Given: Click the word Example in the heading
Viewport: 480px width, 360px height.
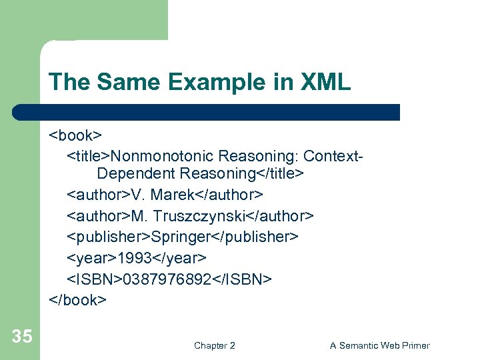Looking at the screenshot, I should click(203, 82).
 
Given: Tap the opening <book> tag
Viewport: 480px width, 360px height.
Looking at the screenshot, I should click(75, 136).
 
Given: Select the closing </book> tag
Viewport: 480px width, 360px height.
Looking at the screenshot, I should click(77, 299).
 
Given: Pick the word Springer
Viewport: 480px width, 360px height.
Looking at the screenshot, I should click(182, 237).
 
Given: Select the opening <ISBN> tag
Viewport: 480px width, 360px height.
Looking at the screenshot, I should click(90, 279).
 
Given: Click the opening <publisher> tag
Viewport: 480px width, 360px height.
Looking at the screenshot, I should click(108, 237).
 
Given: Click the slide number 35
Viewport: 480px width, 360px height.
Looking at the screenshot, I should click(21, 336).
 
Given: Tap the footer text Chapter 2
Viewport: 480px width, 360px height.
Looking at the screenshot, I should click(215, 345).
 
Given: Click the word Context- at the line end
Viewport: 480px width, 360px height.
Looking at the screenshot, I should click(334, 156).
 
